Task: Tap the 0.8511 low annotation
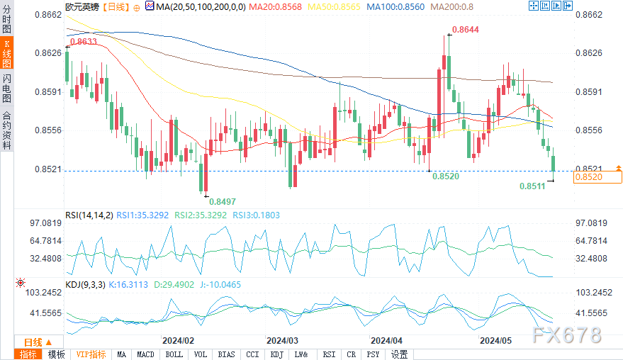[532, 186]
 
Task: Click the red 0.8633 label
[84, 42]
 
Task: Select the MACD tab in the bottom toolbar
[145, 354]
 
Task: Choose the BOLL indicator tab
[173, 354]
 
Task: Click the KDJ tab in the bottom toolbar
[276, 354]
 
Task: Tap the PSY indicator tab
[373, 354]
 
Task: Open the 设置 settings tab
[399, 354]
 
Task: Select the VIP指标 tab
[91, 354]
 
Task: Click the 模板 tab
[56, 354]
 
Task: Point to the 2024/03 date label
[281, 340]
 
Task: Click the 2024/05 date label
[495, 340]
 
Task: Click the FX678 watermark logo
[566, 334]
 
